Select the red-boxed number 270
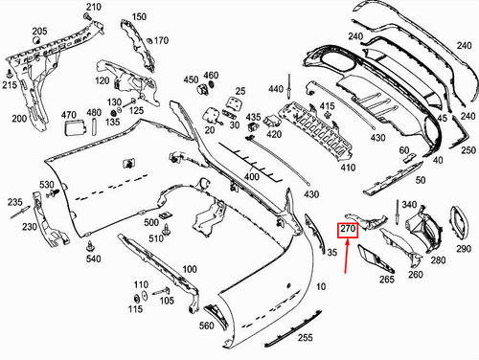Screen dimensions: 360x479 (x=348, y=231)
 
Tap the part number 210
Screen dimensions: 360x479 (x=93, y=8)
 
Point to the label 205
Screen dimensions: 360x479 (x=39, y=32)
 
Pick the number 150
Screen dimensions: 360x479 (x=140, y=17)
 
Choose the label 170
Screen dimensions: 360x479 (x=161, y=40)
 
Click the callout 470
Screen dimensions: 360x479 (x=69, y=115)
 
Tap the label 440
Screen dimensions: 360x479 (x=277, y=89)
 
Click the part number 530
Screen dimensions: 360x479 (x=47, y=184)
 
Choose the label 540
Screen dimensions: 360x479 (x=93, y=259)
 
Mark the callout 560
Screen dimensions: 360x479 (x=206, y=326)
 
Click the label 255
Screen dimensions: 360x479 (x=305, y=338)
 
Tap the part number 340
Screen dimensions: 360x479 (x=411, y=205)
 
